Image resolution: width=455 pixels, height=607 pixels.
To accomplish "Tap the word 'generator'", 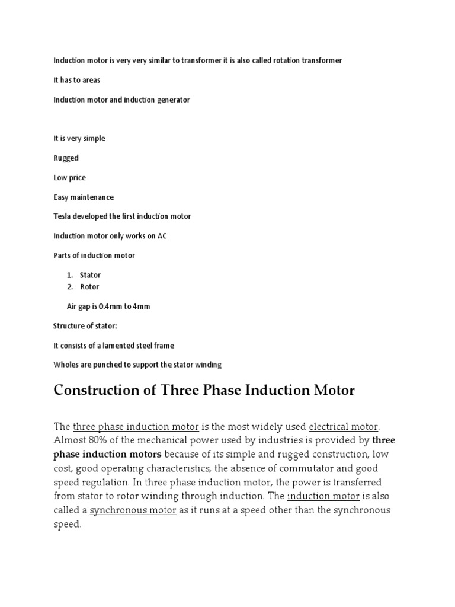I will [x=172, y=100].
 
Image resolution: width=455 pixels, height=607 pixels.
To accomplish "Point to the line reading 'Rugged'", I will [x=66, y=158].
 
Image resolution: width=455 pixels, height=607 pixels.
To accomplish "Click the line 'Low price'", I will [x=69, y=178].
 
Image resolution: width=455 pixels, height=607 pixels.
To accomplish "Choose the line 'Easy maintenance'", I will [x=84, y=197].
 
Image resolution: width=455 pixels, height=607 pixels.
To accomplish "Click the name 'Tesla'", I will [x=62, y=216].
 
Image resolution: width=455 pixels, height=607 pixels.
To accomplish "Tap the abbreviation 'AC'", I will [x=162, y=236].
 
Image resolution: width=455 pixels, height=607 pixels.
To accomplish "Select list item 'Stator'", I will [x=90, y=275].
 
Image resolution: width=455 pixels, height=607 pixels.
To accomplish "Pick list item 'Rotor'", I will [x=89, y=287].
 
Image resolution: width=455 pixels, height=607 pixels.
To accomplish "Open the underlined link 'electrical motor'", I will [x=344, y=427].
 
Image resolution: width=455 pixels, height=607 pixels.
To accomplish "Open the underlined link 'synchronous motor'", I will [x=133, y=510].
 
